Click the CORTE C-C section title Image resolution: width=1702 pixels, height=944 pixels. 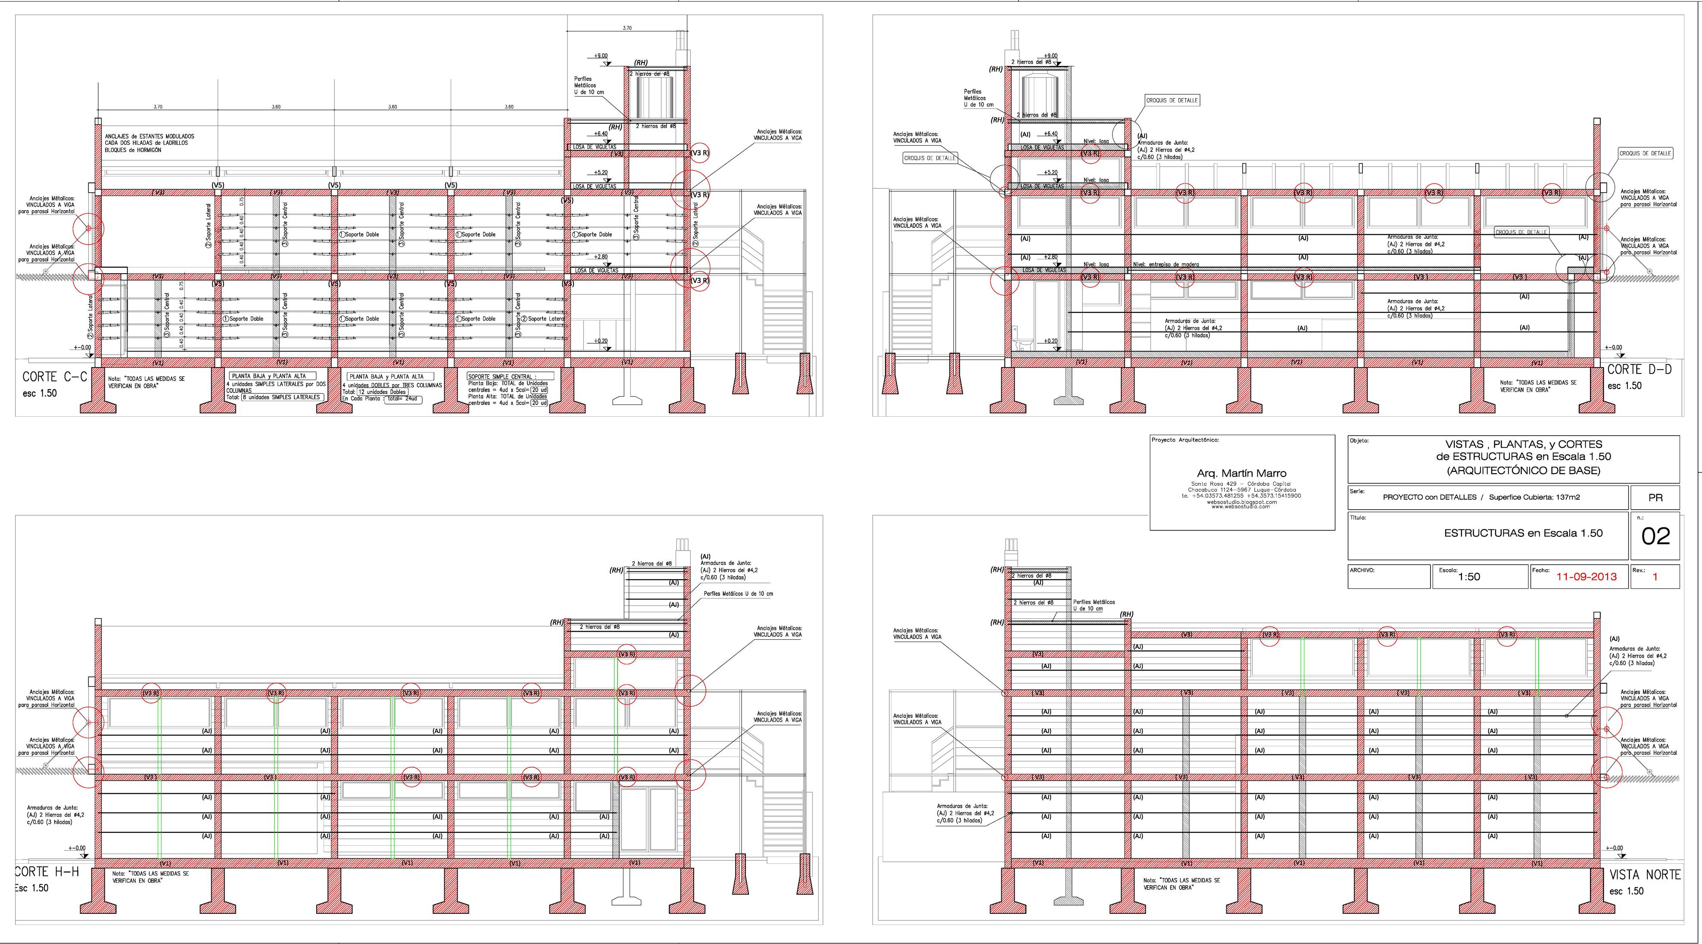pos(54,377)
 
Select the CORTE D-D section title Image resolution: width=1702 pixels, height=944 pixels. pos(1639,369)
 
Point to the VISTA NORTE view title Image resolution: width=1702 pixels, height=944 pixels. pos(1643,875)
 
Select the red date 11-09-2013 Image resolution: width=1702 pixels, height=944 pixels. pos(1587,576)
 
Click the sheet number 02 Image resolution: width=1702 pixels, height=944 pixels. pos(1655,536)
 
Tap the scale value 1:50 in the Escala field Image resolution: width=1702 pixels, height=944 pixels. pos(1469,577)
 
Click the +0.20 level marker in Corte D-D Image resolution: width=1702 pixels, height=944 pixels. pos(1051,341)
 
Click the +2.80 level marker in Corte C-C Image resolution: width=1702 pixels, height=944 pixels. pos(601,257)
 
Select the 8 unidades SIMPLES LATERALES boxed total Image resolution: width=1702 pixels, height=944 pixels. pos(281,397)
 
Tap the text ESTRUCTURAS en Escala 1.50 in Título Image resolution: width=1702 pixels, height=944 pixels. pos(1523,533)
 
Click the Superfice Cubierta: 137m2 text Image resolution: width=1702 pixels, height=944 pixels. pos(1534,498)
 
